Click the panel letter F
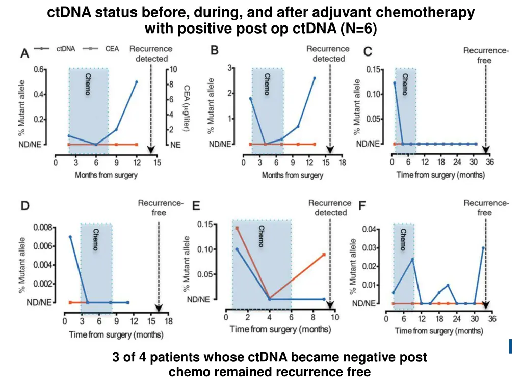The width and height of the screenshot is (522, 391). pyautogui.click(x=362, y=206)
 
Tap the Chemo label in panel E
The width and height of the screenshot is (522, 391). pyautogui.click(x=261, y=236)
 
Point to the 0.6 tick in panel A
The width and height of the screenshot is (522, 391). pyautogui.click(x=39, y=70)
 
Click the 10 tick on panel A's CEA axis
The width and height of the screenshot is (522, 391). pyautogui.click(x=174, y=70)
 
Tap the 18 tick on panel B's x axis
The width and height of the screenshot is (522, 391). pyautogui.click(x=343, y=163)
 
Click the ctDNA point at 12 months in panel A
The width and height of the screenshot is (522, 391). pyautogui.click(x=137, y=82)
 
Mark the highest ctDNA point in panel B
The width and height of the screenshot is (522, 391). pyautogui.click(x=314, y=78)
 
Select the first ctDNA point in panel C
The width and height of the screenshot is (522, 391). pyautogui.click(x=394, y=83)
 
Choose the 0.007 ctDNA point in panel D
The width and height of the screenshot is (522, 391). pyautogui.click(x=70, y=237)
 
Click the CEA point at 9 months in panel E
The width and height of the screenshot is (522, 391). pyautogui.click(x=324, y=255)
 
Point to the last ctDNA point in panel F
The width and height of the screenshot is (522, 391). pyautogui.click(x=483, y=248)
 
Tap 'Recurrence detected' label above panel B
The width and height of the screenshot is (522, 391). pyautogui.click(x=328, y=53)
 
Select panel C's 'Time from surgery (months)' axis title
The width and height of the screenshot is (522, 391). pyautogui.click(x=440, y=175)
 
